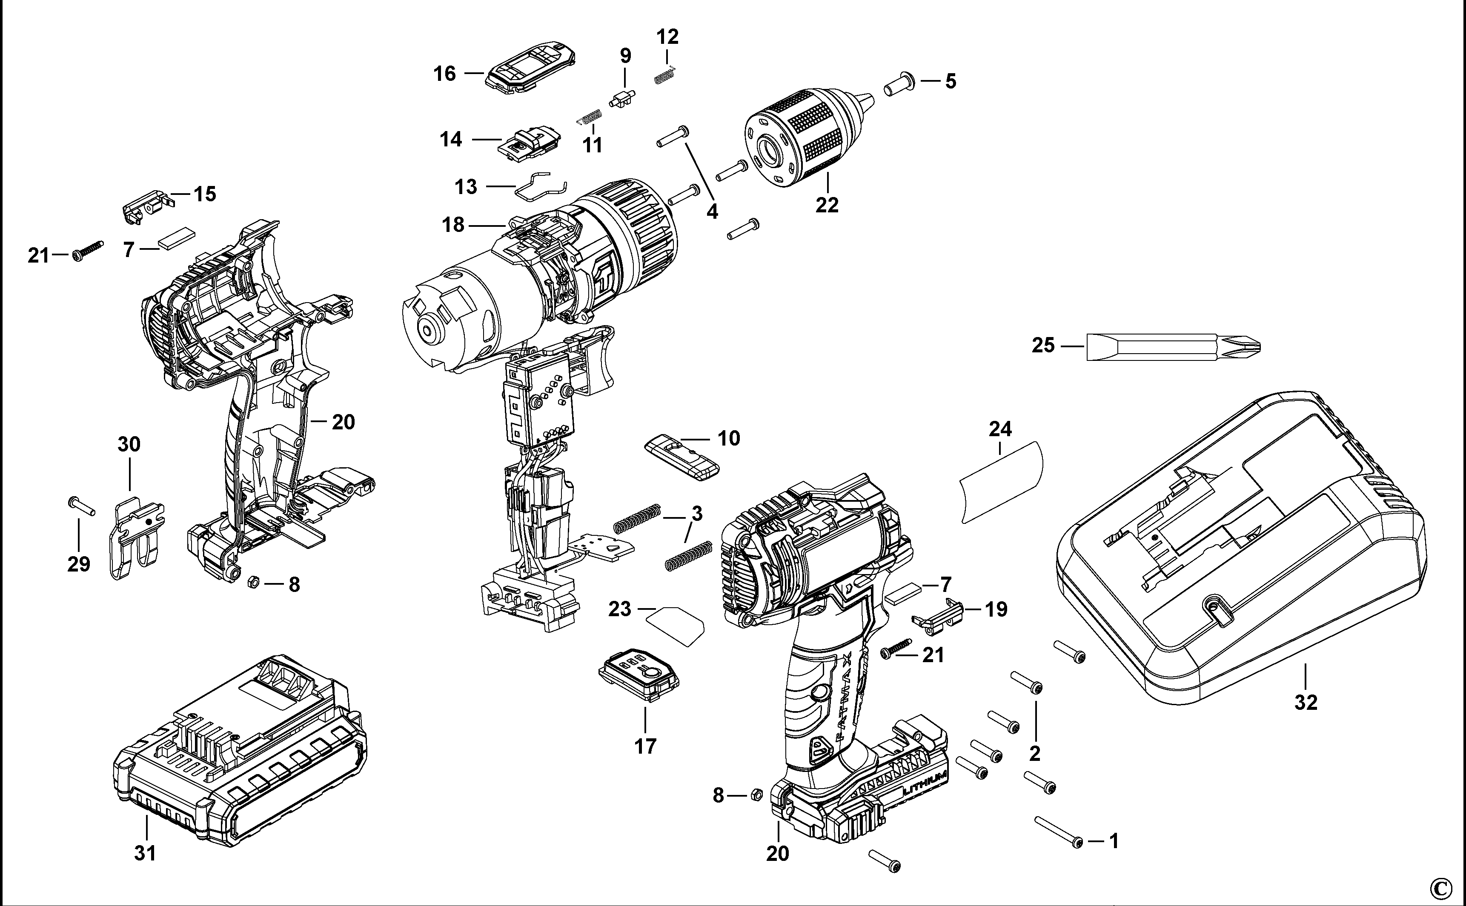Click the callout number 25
(1043, 346)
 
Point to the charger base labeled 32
(1241, 551)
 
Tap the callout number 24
(1000, 429)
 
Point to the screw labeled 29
(82, 506)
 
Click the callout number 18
(453, 225)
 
